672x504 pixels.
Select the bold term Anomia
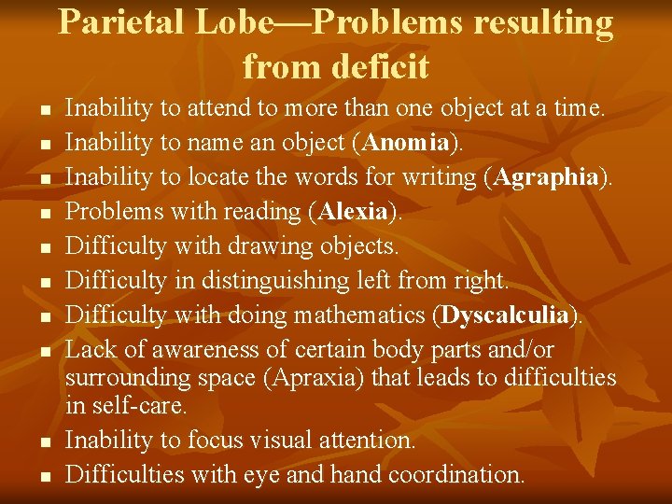coord(408,143)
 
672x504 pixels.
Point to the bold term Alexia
coord(353,212)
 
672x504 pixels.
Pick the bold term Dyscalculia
coord(505,315)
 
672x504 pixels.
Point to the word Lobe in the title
coord(236,22)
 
